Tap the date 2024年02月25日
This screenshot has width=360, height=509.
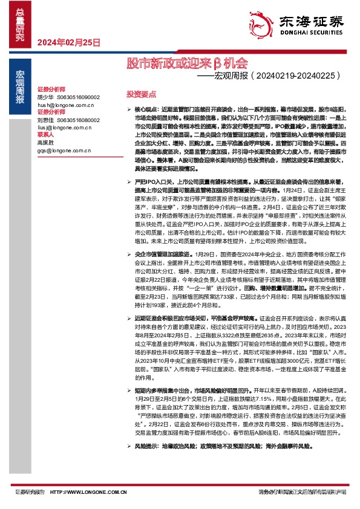(x=69, y=42)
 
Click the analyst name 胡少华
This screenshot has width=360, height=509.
(x=45, y=97)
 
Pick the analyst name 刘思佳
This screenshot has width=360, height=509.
(x=45, y=120)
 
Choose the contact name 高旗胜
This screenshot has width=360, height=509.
(x=45, y=143)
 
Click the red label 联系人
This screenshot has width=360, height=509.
(x=46, y=135)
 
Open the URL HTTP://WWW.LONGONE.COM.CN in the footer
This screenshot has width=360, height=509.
(x=87, y=493)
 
